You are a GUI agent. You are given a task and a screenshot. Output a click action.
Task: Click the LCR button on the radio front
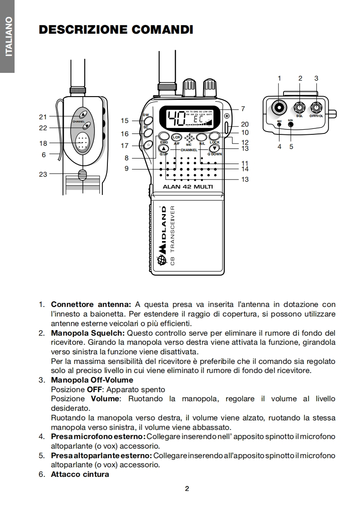pos(177,137)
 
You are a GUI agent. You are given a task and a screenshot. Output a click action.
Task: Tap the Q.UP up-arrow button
pos(164,148)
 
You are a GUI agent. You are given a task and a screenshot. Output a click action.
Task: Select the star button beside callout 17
pos(147,145)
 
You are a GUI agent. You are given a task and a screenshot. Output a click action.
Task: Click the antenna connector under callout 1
pos(279,108)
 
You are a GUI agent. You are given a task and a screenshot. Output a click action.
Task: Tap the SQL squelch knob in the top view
pos(299,108)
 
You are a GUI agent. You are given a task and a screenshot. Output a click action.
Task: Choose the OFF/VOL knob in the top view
pos(316,108)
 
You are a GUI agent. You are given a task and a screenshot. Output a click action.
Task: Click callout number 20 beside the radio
pos(245,124)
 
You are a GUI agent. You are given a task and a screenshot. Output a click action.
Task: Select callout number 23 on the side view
pos(43,174)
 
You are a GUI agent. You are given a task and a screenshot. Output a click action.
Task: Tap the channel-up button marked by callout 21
pos(83,114)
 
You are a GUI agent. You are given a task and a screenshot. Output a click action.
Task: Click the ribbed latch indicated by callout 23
pos(82,174)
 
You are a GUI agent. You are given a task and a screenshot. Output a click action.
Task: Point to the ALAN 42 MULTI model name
pos(188,186)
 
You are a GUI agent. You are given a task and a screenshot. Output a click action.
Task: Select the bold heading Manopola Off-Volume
pos(92,380)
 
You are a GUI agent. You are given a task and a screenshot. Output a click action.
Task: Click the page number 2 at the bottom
pos(187,489)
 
